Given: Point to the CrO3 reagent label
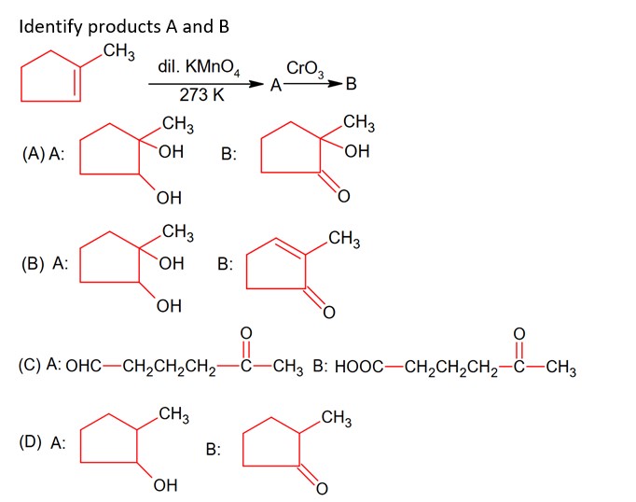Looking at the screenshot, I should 304,68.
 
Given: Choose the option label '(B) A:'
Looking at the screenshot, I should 47,263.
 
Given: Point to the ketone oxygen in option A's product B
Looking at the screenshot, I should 342,196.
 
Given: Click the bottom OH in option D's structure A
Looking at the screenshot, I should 164,486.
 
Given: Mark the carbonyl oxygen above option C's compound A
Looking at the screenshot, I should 245,332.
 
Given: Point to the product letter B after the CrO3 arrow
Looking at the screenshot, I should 350,86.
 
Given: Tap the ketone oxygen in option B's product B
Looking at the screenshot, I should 328,313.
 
